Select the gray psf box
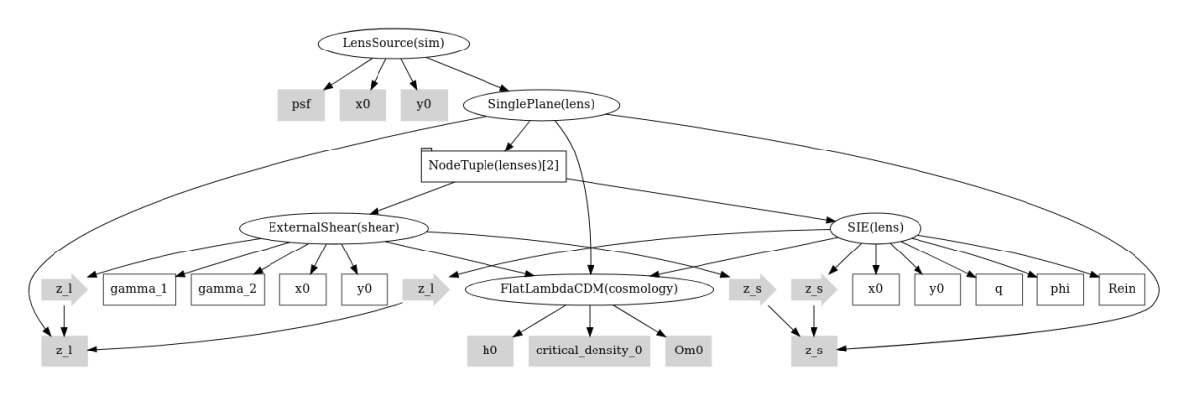(x=301, y=104)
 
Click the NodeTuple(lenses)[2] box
(x=493, y=165)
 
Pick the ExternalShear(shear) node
(x=333, y=228)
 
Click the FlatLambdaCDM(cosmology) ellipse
(x=590, y=289)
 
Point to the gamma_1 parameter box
(x=141, y=289)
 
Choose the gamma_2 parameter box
(x=228, y=289)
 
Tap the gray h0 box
(x=490, y=351)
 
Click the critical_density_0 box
(x=590, y=351)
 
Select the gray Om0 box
(x=689, y=351)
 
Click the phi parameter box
(x=1060, y=289)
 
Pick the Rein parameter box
(x=1122, y=289)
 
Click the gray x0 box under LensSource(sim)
(x=363, y=104)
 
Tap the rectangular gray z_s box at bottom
(x=814, y=351)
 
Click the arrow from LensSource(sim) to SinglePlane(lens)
(x=468, y=72)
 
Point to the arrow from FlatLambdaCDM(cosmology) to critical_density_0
(x=590, y=320)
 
